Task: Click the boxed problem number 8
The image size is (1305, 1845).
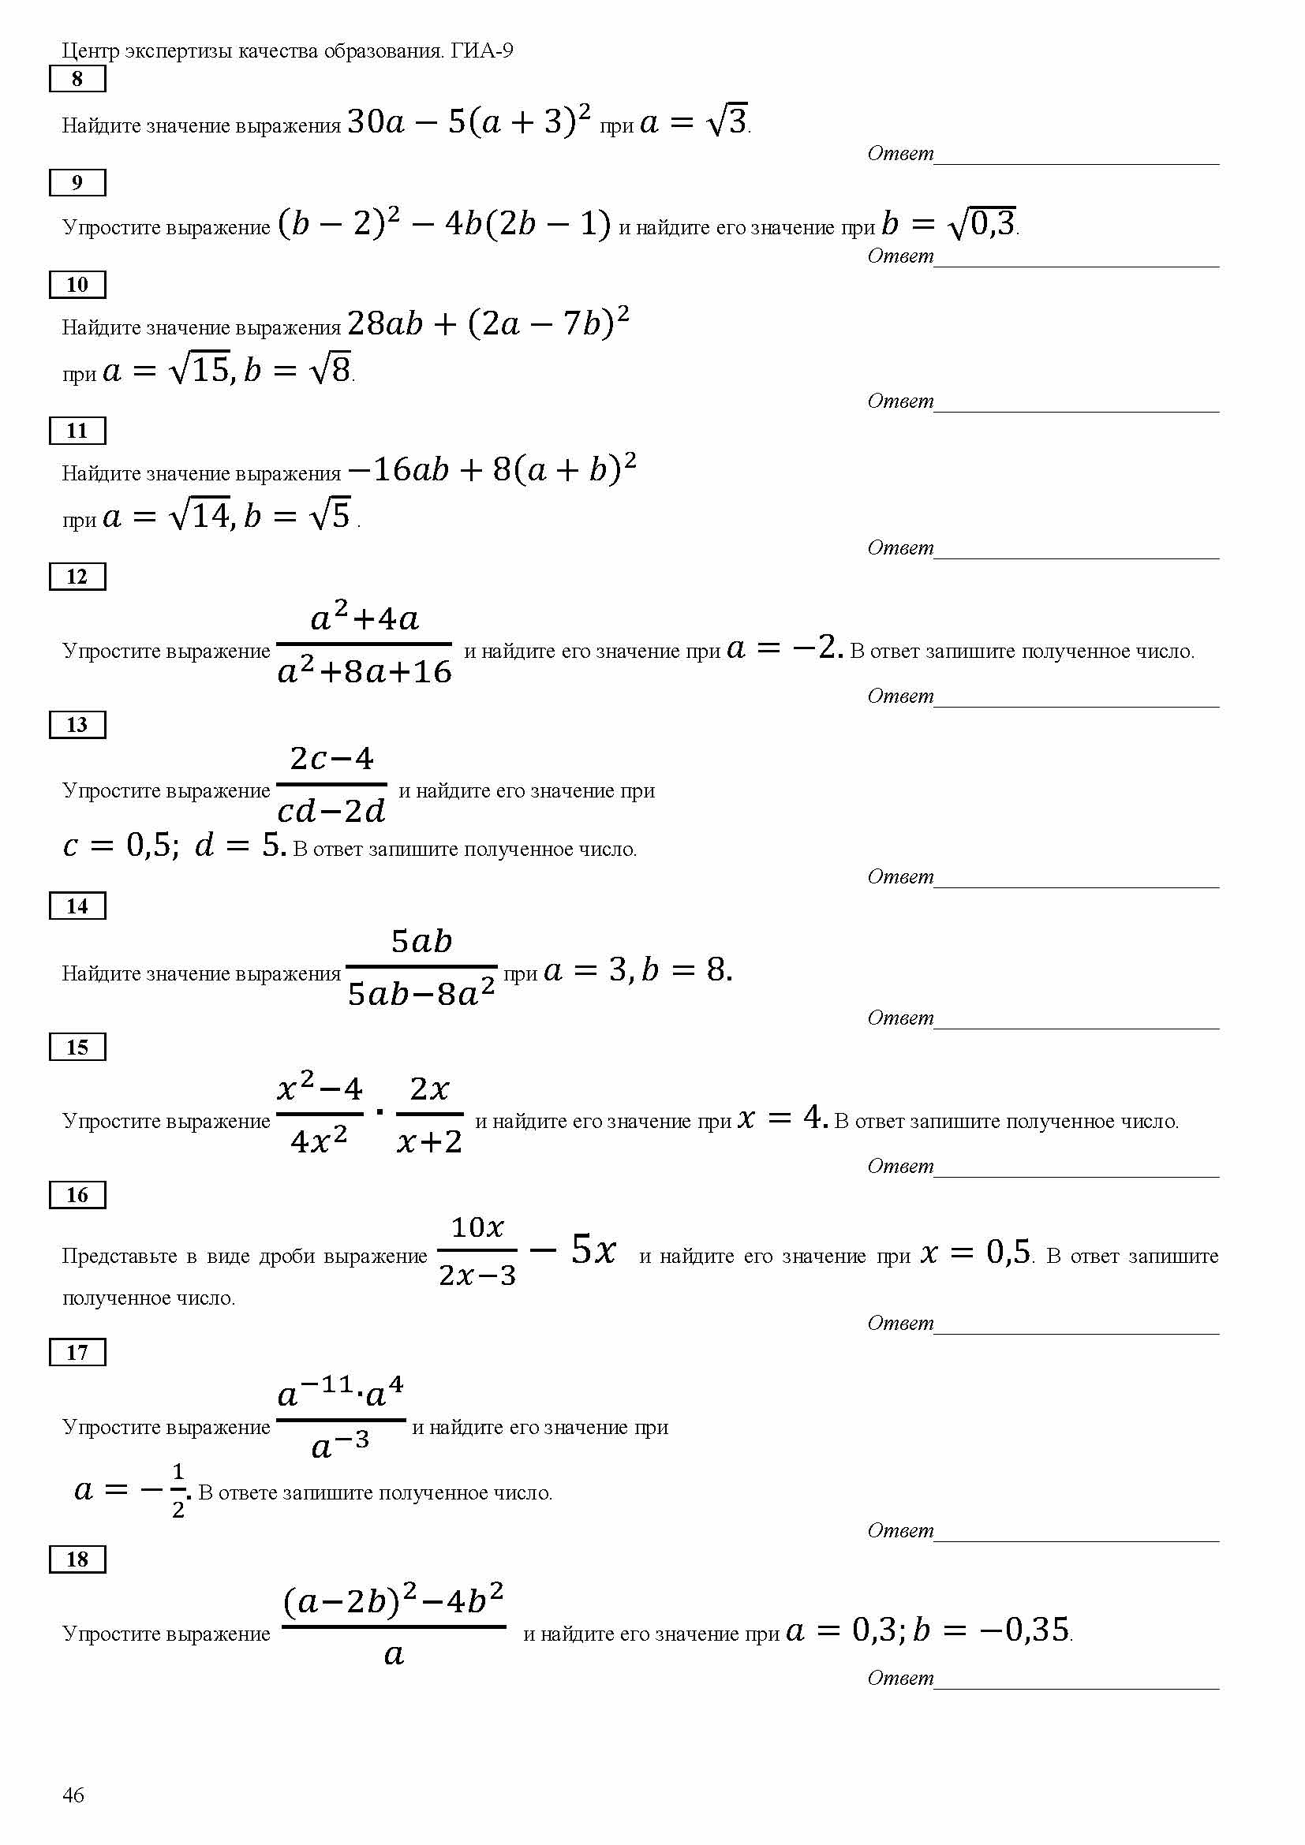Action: coord(77,79)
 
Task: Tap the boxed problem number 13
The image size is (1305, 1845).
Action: coord(77,725)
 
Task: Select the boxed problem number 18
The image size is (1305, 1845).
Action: coord(77,1559)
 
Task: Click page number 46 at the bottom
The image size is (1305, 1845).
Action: coord(73,1795)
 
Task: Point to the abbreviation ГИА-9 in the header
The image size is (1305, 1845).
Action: coord(481,51)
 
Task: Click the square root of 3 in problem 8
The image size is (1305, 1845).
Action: coord(728,121)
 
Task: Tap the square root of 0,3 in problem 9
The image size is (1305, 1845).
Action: coord(983,222)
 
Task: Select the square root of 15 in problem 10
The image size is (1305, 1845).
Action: coord(200,369)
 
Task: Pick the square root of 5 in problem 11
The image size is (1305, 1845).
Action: coord(331,514)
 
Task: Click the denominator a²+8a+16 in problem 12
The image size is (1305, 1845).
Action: coord(365,671)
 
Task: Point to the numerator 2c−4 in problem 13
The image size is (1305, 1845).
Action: coord(332,758)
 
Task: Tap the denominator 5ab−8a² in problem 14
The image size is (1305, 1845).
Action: coord(421,994)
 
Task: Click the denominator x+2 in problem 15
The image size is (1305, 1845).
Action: coord(430,1141)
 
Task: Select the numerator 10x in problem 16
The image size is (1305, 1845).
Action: coord(477,1227)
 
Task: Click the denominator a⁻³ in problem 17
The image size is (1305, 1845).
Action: coord(340,1446)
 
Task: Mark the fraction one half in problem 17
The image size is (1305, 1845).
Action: coord(178,1491)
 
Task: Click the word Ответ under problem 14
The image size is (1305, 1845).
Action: coord(901,1018)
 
